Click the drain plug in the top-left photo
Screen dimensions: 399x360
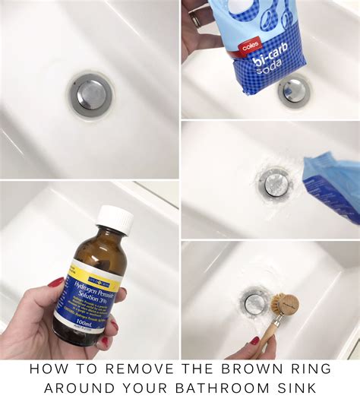coord(92,93)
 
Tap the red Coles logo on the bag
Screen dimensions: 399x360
coord(250,46)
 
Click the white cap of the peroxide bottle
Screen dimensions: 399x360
coord(115,220)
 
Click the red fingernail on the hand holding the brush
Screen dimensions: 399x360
coord(256,341)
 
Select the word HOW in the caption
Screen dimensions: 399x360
coord(46,369)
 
